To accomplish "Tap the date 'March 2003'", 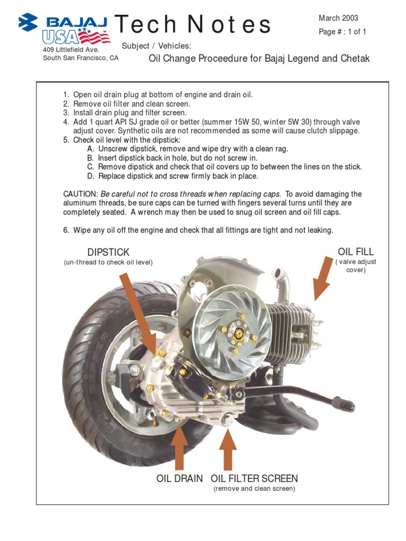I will pyautogui.click(x=338, y=18).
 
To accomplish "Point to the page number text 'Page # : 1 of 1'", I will pyautogui.click(x=343, y=32).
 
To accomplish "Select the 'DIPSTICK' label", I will pyautogui.click(x=108, y=253).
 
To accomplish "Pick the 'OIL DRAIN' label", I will pyautogui.click(x=179, y=479).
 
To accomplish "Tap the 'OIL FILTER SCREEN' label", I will pyautogui.click(x=254, y=479).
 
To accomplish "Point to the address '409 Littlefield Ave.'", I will pyautogui.click(x=71, y=50).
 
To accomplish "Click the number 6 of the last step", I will pyautogui.click(x=66, y=230).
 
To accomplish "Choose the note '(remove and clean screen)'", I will pyautogui.click(x=254, y=489).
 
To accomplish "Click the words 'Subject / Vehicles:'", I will pyautogui.click(x=156, y=46).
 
